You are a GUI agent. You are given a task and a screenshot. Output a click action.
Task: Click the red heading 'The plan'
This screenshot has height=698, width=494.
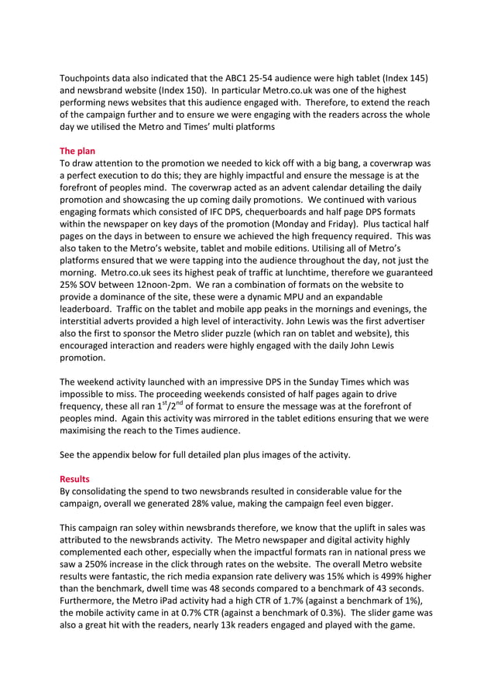point(77,151)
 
